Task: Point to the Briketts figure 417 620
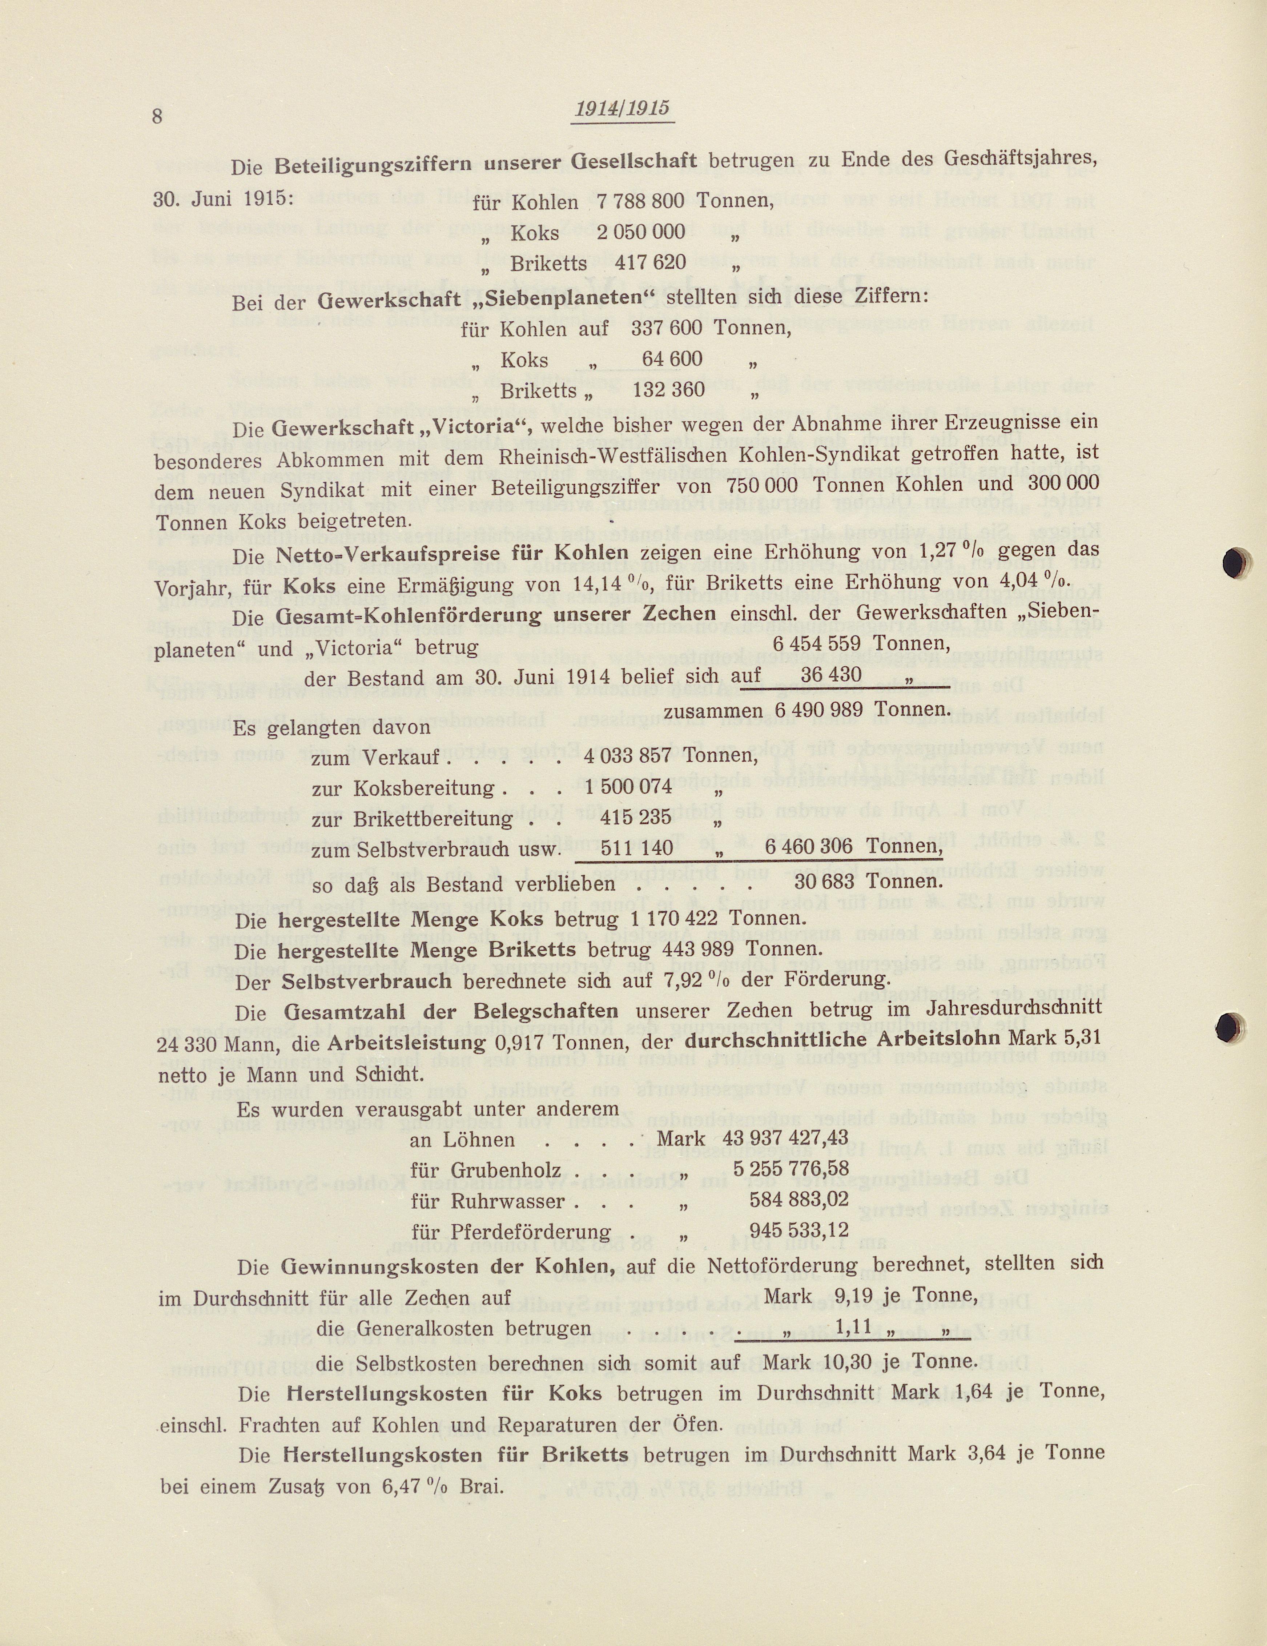coord(651,263)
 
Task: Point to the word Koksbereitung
coord(413,789)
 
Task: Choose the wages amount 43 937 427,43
coord(785,1138)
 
